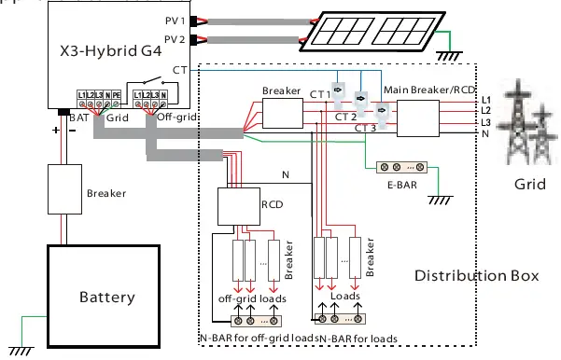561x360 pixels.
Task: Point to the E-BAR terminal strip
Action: click(400, 168)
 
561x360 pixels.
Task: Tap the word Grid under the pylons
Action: click(529, 185)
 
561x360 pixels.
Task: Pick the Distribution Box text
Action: click(476, 276)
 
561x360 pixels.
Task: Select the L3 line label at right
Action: click(485, 122)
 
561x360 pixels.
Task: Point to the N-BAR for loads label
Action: click(358, 338)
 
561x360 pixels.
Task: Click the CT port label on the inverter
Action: click(178, 70)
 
